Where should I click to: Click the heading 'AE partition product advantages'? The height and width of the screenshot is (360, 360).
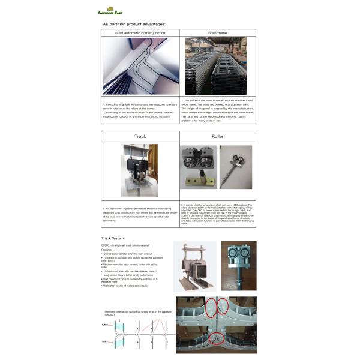134,24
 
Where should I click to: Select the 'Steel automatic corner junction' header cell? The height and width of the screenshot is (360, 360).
140,33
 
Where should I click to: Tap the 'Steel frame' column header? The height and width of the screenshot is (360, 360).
218,33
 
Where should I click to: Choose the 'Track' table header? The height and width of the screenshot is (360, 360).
140,136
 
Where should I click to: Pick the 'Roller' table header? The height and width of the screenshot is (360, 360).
217,136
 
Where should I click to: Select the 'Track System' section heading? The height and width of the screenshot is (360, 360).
114,238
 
